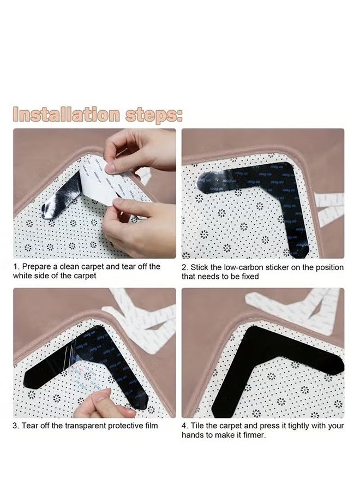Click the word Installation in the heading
tap(64, 115)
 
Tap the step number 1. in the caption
tap(16, 267)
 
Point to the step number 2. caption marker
tap(185, 267)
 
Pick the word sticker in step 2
tap(276, 267)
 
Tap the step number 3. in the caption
tap(16, 426)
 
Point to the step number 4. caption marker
tap(185, 426)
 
